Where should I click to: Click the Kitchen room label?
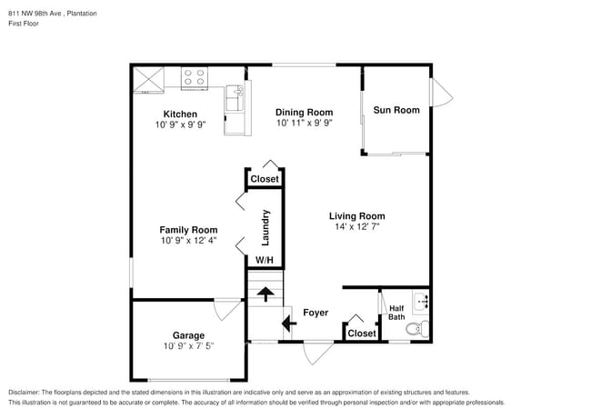pos(180,114)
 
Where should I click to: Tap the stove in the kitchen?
pos(194,78)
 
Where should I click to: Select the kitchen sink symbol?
pos(235,93)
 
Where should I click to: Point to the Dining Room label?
pos(305,113)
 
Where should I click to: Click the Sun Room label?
pos(396,110)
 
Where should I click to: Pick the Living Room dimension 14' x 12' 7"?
pos(356,226)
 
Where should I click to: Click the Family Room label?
pos(188,230)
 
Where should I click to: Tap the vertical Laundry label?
pos(266,227)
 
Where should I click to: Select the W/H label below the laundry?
pos(264,261)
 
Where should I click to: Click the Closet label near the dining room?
pos(265,180)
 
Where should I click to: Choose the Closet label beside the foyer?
pos(362,333)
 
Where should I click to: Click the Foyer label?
pos(316,313)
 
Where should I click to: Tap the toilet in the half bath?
pos(415,329)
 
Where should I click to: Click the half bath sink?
pos(422,300)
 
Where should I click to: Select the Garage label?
pos(188,335)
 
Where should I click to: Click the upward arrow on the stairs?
pos(265,294)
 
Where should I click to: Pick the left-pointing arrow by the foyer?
pos(289,323)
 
